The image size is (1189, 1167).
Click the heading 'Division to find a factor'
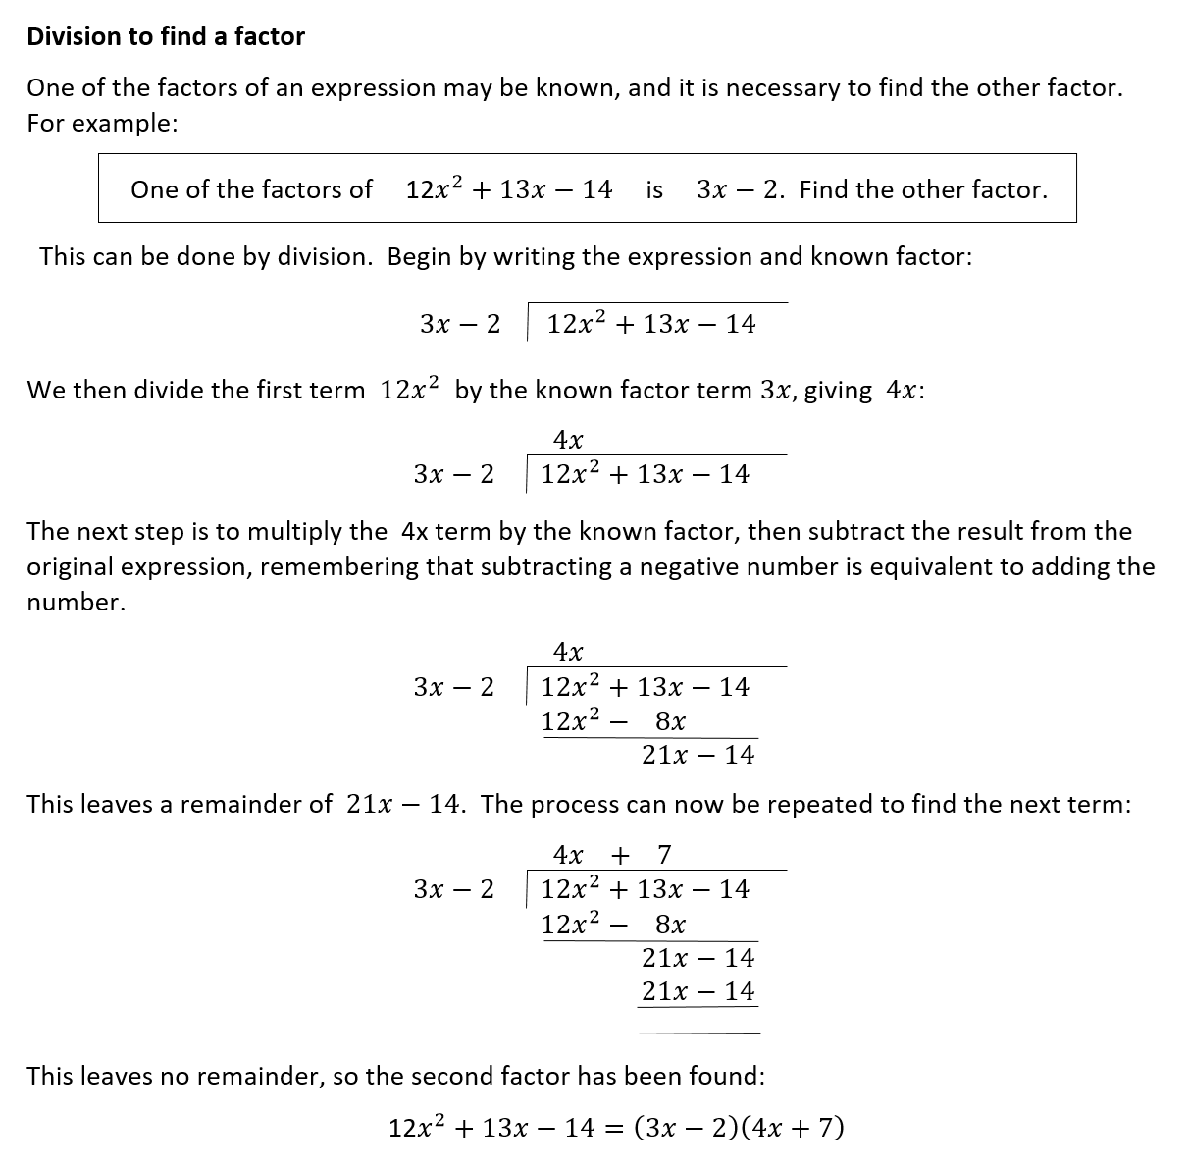[166, 36]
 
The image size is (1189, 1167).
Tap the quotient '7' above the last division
[664, 854]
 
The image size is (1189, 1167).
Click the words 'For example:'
[102, 124]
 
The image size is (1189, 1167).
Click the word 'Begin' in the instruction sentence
[417, 257]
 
